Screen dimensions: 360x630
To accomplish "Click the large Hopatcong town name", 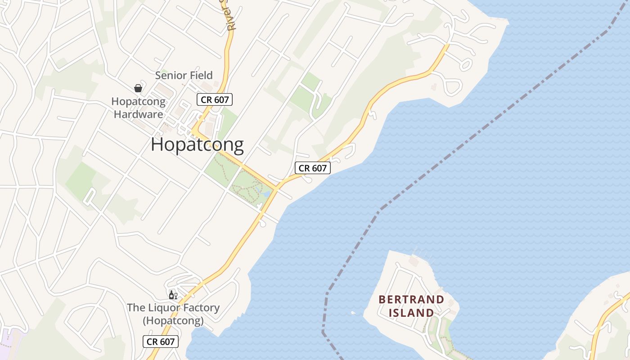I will point(197,145).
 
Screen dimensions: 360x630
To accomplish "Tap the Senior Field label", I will point(184,75).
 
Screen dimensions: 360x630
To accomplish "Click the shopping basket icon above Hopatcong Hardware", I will point(138,88).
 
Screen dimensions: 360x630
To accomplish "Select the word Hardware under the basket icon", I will point(138,114).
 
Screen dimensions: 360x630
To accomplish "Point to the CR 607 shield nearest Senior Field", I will point(215,99).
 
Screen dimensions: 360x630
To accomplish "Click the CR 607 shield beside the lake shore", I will point(313,168).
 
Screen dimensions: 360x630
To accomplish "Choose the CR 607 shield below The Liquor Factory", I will point(161,342).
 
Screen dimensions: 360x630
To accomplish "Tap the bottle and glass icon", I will point(173,295).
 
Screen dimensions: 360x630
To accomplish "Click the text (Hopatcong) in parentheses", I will point(173,321).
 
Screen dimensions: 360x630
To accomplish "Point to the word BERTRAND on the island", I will point(411,299).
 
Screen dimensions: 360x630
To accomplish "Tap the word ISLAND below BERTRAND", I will point(411,312).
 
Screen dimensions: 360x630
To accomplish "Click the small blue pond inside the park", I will point(266,194).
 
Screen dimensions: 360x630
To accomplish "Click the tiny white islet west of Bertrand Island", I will point(353,313).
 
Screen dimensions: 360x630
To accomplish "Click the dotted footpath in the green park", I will point(245,189).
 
